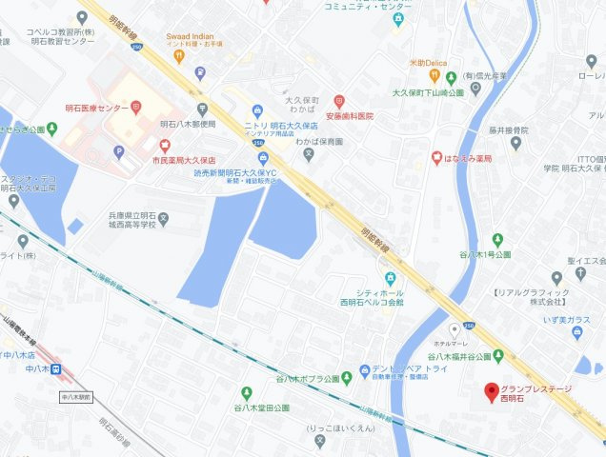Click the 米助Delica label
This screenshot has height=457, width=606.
coord(427,63)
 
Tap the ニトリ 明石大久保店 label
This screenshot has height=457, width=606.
coord(286,125)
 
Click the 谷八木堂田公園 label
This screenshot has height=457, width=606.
coord(261,407)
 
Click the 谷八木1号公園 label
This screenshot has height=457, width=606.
coord(486,255)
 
